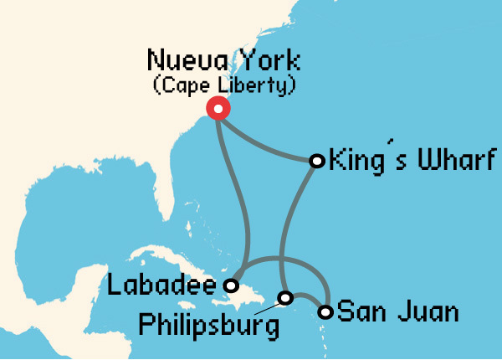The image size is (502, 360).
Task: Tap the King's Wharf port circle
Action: coord(317,160)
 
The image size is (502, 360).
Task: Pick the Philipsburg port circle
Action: coord(285,298)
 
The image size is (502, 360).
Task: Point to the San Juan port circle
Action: coord(325,313)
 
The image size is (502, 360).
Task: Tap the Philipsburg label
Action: coord(208,325)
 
